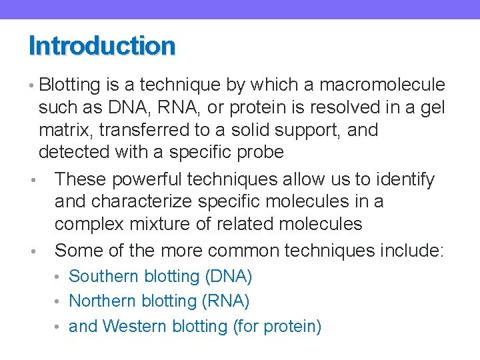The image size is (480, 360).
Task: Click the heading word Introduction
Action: pyautogui.click(x=102, y=46)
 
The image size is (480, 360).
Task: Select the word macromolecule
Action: pyautogui.click(x=382, y=85)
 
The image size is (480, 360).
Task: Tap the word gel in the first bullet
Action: pyautogui.click(x=431, y=108)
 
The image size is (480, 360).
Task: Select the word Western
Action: pyautogui.click(x=135, y=327)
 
